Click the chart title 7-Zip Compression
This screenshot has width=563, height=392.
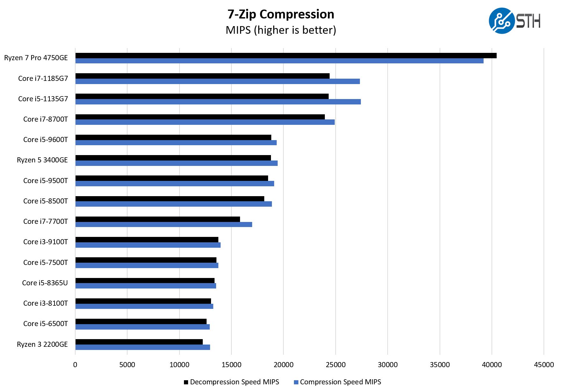[x=281, y=14]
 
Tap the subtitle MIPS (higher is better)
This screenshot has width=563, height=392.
[x=281, y=30]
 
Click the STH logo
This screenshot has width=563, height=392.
[x=514, y=21]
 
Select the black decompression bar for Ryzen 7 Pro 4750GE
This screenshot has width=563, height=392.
[x=286, y=56]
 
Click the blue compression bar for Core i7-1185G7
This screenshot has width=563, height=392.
[x=217, y=82]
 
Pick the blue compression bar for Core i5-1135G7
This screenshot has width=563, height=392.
[x=218, y=102]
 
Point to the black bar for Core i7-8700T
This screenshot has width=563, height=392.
[x=200, y=117]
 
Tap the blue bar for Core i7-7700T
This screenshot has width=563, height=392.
[x=164, y=225]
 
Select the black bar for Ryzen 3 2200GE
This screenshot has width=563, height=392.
[x=139, y=342]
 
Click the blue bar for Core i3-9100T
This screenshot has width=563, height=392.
[x=148, y=245]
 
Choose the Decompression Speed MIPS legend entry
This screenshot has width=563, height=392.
[x=231, y=382]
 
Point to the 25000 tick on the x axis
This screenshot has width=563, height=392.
[x=335, y=365]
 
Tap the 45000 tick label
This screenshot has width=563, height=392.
[x=544, y=365]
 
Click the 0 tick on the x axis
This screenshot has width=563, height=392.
[x=75, y=365]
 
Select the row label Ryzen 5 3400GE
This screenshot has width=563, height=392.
[x=42, y=160]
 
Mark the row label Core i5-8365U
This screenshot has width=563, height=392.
[x=45, y=283]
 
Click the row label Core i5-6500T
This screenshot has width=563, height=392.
[x=46, y=324]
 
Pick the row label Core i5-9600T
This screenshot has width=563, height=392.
[x=46, y=139]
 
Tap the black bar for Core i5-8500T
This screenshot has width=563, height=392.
[x=170, y=199]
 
